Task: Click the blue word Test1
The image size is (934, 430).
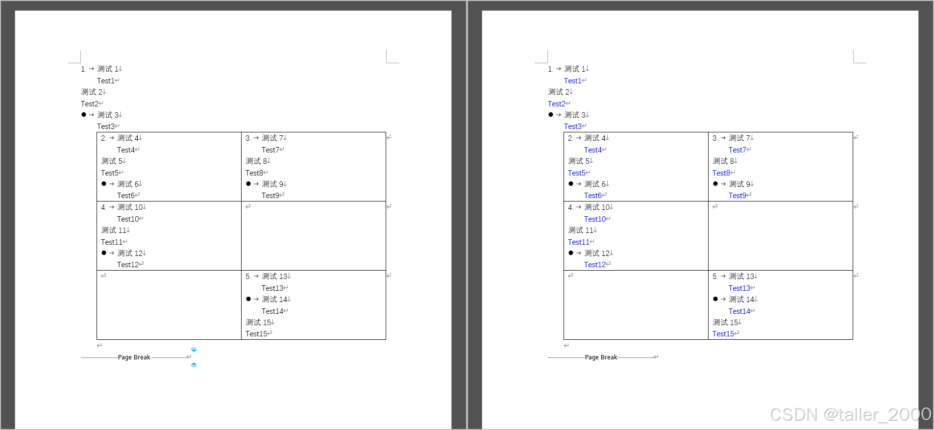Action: [x=572, y=81]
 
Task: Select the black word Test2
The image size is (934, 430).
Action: [x=90, y=104]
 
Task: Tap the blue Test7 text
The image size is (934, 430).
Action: [x=737, y=150]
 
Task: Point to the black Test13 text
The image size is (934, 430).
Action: [x=272, y=288]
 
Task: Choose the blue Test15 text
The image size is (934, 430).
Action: [x=723, y=334]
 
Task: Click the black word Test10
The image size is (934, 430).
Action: [x=127, y=219]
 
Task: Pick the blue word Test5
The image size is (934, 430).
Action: [x=576, y=173]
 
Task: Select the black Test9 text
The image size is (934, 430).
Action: [x=270, y=196]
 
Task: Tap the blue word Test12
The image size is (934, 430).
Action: [x=594, y=265]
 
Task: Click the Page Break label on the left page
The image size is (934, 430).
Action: [x=134, y=357]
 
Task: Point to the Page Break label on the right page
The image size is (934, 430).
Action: [x=601, y=357]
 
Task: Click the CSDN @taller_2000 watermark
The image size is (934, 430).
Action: [x=850, y=415]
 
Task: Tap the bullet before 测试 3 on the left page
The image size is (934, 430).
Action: [x=84, y=115]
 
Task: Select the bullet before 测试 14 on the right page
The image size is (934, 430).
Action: [x=715, y=299]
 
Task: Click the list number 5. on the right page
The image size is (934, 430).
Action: [x=715, y=277]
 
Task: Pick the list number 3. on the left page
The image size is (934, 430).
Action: [x=248, y=138]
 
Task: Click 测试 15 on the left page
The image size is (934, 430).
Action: [x=258, y=323]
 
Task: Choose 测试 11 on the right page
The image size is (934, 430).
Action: [x=581, y=230]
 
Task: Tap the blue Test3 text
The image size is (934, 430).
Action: [x=572, y=126]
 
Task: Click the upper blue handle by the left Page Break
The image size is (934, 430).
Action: [x=194, y=350]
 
